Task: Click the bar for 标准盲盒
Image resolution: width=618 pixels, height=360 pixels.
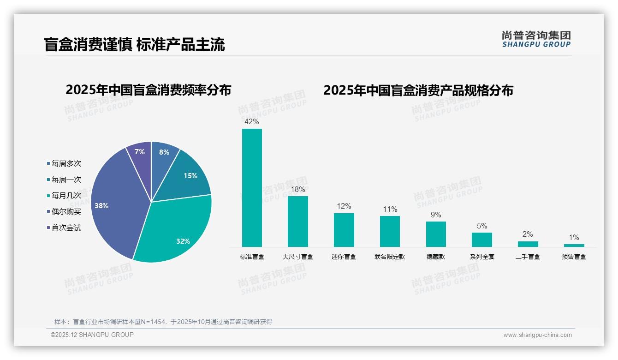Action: (252, 187)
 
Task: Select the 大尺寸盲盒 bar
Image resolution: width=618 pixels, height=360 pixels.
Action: (297, 221)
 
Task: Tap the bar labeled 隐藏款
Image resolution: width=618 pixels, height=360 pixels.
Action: (436, 234)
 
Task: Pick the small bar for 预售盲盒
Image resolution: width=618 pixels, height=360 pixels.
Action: (574, 245)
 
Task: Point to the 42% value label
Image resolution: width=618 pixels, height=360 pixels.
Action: (251, 122)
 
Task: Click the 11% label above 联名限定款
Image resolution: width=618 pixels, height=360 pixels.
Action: (390, 210)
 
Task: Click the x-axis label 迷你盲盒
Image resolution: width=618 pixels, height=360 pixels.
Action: (344, 257)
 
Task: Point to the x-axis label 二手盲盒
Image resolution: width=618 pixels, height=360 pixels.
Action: (528, 257)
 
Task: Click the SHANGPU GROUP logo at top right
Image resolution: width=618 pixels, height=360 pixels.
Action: (536, 39)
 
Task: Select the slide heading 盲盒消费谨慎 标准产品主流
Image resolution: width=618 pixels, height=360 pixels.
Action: (134, 45)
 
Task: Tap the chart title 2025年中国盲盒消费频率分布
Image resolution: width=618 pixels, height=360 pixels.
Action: (149, 90)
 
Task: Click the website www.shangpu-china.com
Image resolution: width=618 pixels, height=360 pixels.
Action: (537, 335)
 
